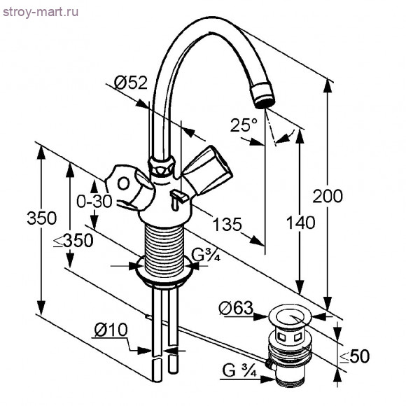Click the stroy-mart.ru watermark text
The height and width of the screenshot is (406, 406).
41,12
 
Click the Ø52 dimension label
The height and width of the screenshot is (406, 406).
130,83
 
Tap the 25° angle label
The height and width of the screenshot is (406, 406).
244,125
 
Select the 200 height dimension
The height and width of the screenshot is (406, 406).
328,196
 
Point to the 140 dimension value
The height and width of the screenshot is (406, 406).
300,223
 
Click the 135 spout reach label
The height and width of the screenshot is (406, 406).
227,224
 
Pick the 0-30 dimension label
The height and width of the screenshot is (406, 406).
94,201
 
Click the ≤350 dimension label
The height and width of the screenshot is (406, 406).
73,241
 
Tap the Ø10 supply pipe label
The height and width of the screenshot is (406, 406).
111,330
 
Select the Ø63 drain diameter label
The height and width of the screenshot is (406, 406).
236,308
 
